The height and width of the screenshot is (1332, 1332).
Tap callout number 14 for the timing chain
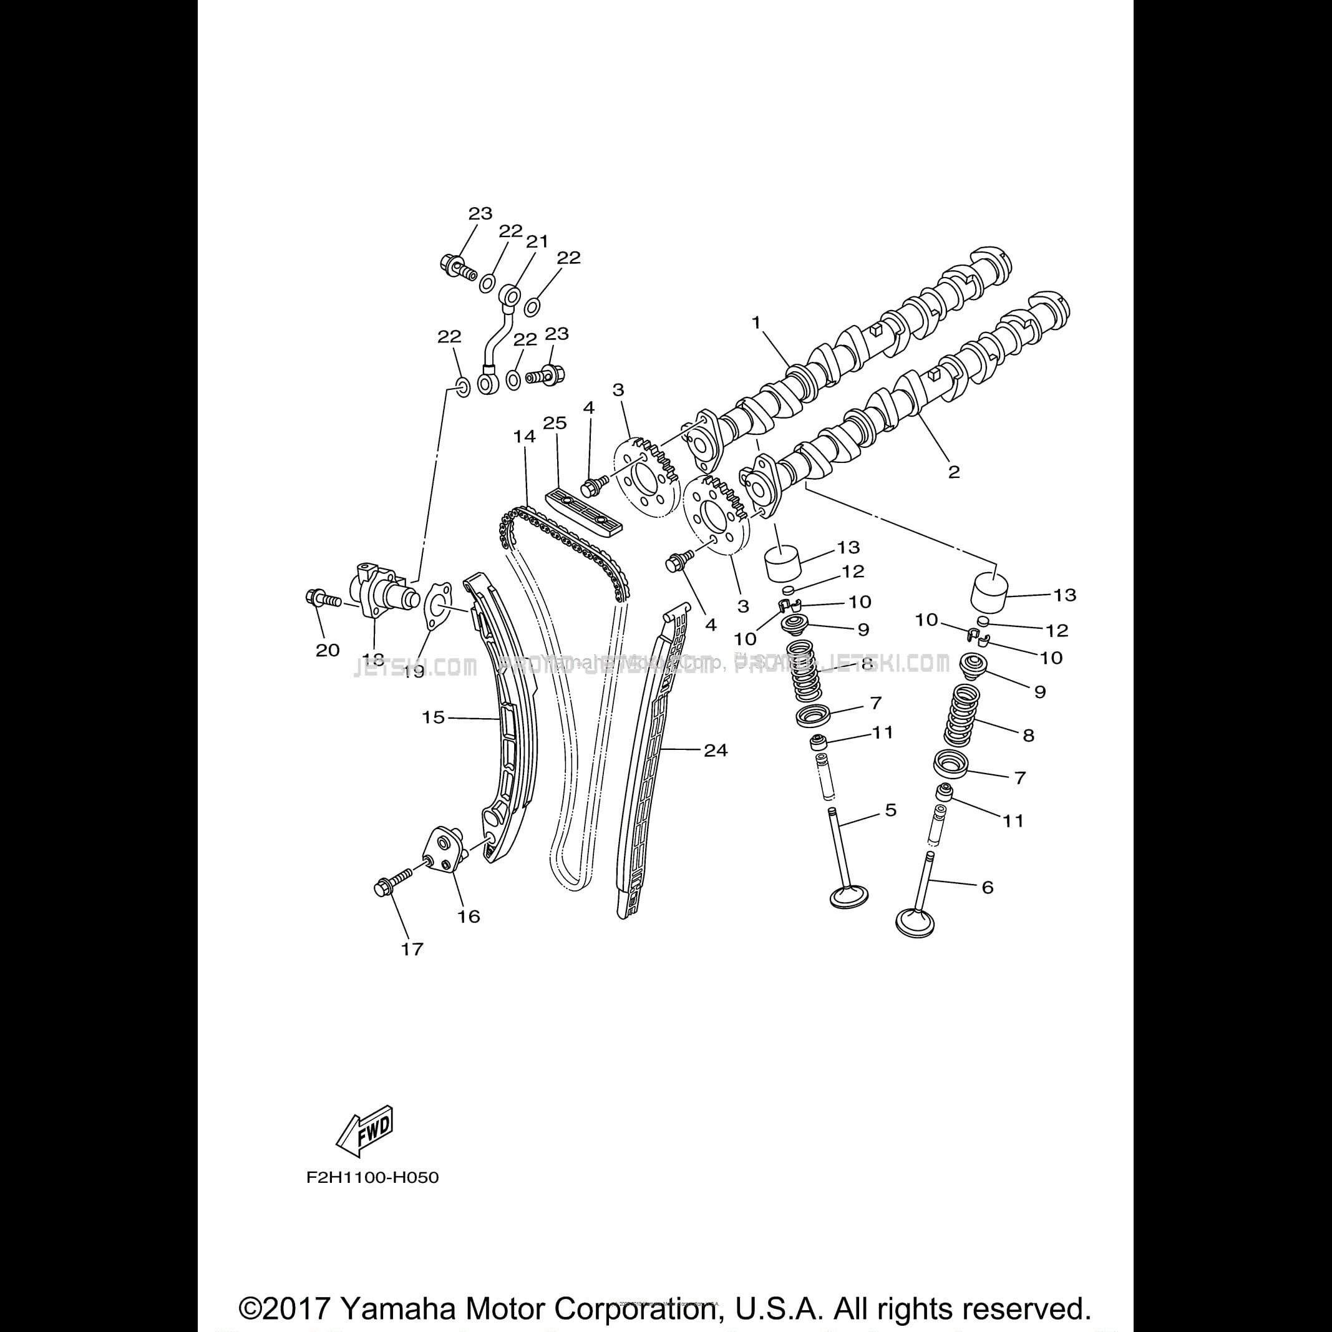(x=524, y=437)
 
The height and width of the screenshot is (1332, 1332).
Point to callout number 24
(x=716, y=750)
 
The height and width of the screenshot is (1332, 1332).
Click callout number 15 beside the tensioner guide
(x=433, y=717)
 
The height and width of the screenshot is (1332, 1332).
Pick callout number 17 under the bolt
(x=412, y=949)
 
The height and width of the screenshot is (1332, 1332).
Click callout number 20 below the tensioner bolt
(x=328, y=649)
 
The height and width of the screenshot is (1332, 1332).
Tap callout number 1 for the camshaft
(x=756, y=322)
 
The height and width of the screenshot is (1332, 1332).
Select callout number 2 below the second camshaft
(x=953, y=472)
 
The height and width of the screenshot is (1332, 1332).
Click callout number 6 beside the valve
(x=987, y=887)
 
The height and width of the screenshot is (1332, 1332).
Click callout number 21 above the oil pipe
(x=537, y=241)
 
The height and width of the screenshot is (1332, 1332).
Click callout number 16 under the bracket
(x=469, y=916)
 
